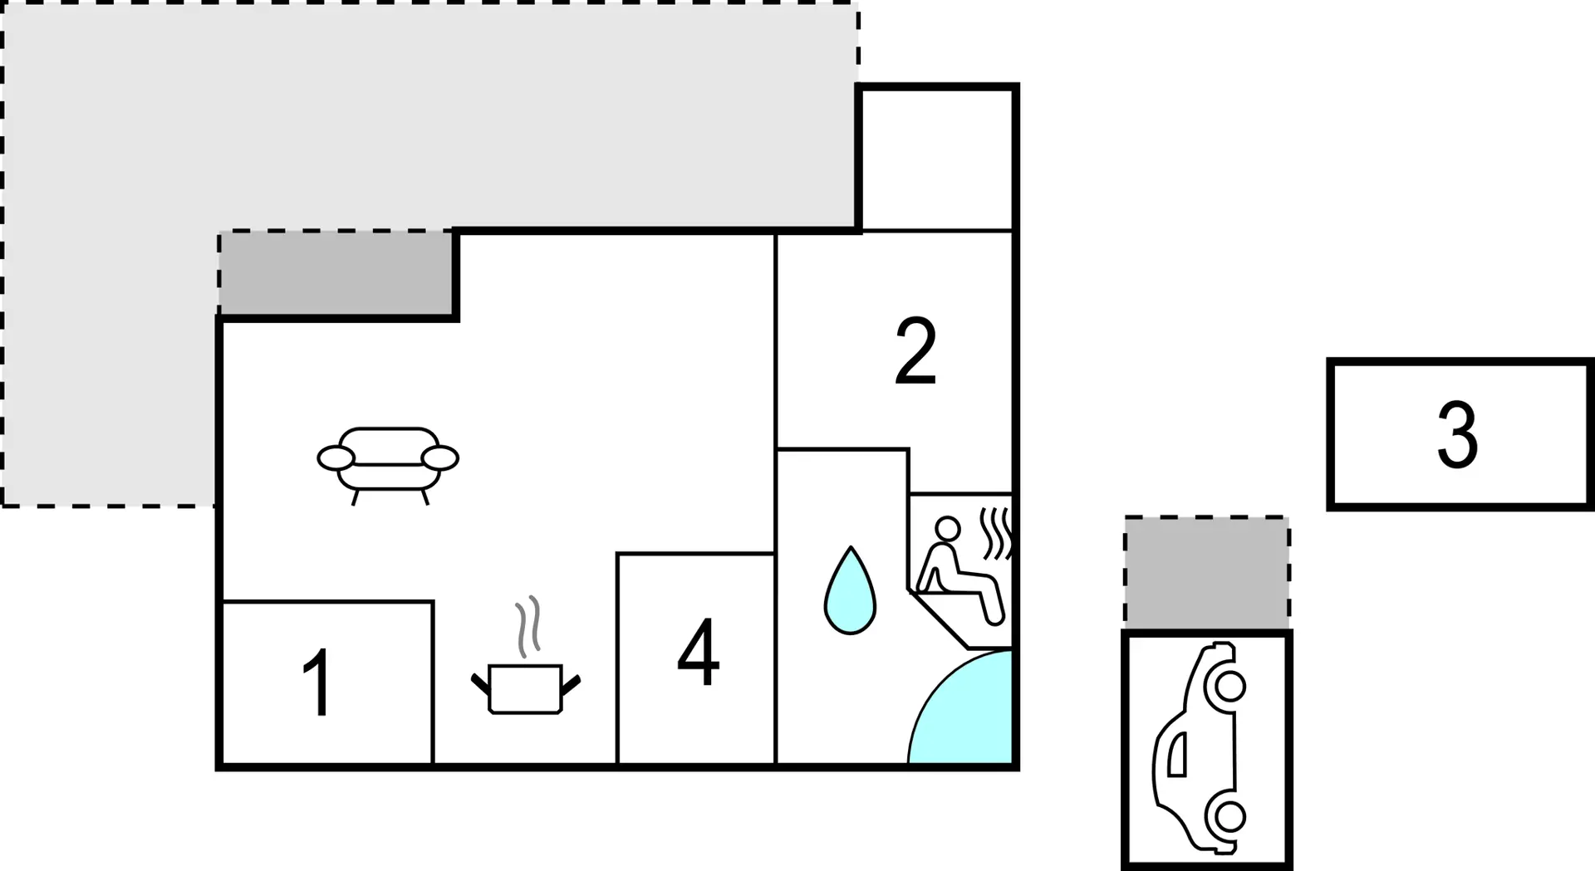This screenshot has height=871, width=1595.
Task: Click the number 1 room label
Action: [318, 683]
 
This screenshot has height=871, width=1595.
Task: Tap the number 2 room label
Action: [915, 351]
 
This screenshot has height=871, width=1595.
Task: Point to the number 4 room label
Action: [698, 653]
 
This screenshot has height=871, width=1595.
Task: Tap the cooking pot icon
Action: [526, 688]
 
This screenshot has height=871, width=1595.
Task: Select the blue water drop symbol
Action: [850, 591]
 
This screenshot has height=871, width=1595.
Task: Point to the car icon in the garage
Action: [1200, 747]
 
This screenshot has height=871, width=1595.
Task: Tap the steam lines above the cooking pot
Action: [528, 627]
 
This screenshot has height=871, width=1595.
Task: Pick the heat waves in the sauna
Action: [996, 533]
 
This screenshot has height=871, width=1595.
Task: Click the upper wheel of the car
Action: [1229, 687]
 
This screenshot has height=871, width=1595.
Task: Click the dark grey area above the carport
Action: [1207, 573]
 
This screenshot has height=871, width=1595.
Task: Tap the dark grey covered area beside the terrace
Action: [336, 273]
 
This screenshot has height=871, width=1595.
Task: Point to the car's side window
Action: [1177, 755]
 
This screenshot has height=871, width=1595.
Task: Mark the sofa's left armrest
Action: [336, 458]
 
